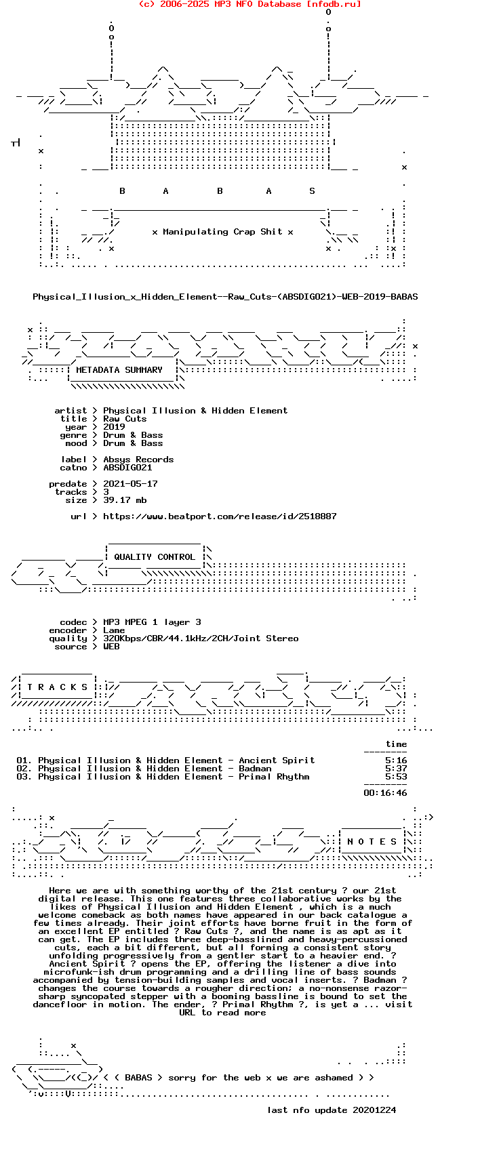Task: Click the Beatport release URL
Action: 220,516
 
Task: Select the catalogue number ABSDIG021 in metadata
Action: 127,468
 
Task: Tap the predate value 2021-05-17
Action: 130,484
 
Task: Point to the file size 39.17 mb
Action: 125,500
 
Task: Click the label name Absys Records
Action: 138,460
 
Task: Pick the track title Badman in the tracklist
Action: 255,769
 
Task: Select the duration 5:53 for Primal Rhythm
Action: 396,777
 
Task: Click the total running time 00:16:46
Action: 385,793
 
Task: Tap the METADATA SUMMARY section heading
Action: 119,370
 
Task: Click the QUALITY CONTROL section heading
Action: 155,557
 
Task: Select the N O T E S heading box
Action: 372,842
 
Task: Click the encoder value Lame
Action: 114,630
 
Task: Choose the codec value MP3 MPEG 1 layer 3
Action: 152,622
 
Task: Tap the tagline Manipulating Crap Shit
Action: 222,232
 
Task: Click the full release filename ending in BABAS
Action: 225,297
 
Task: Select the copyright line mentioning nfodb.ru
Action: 249,4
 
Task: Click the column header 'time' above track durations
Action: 396,744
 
